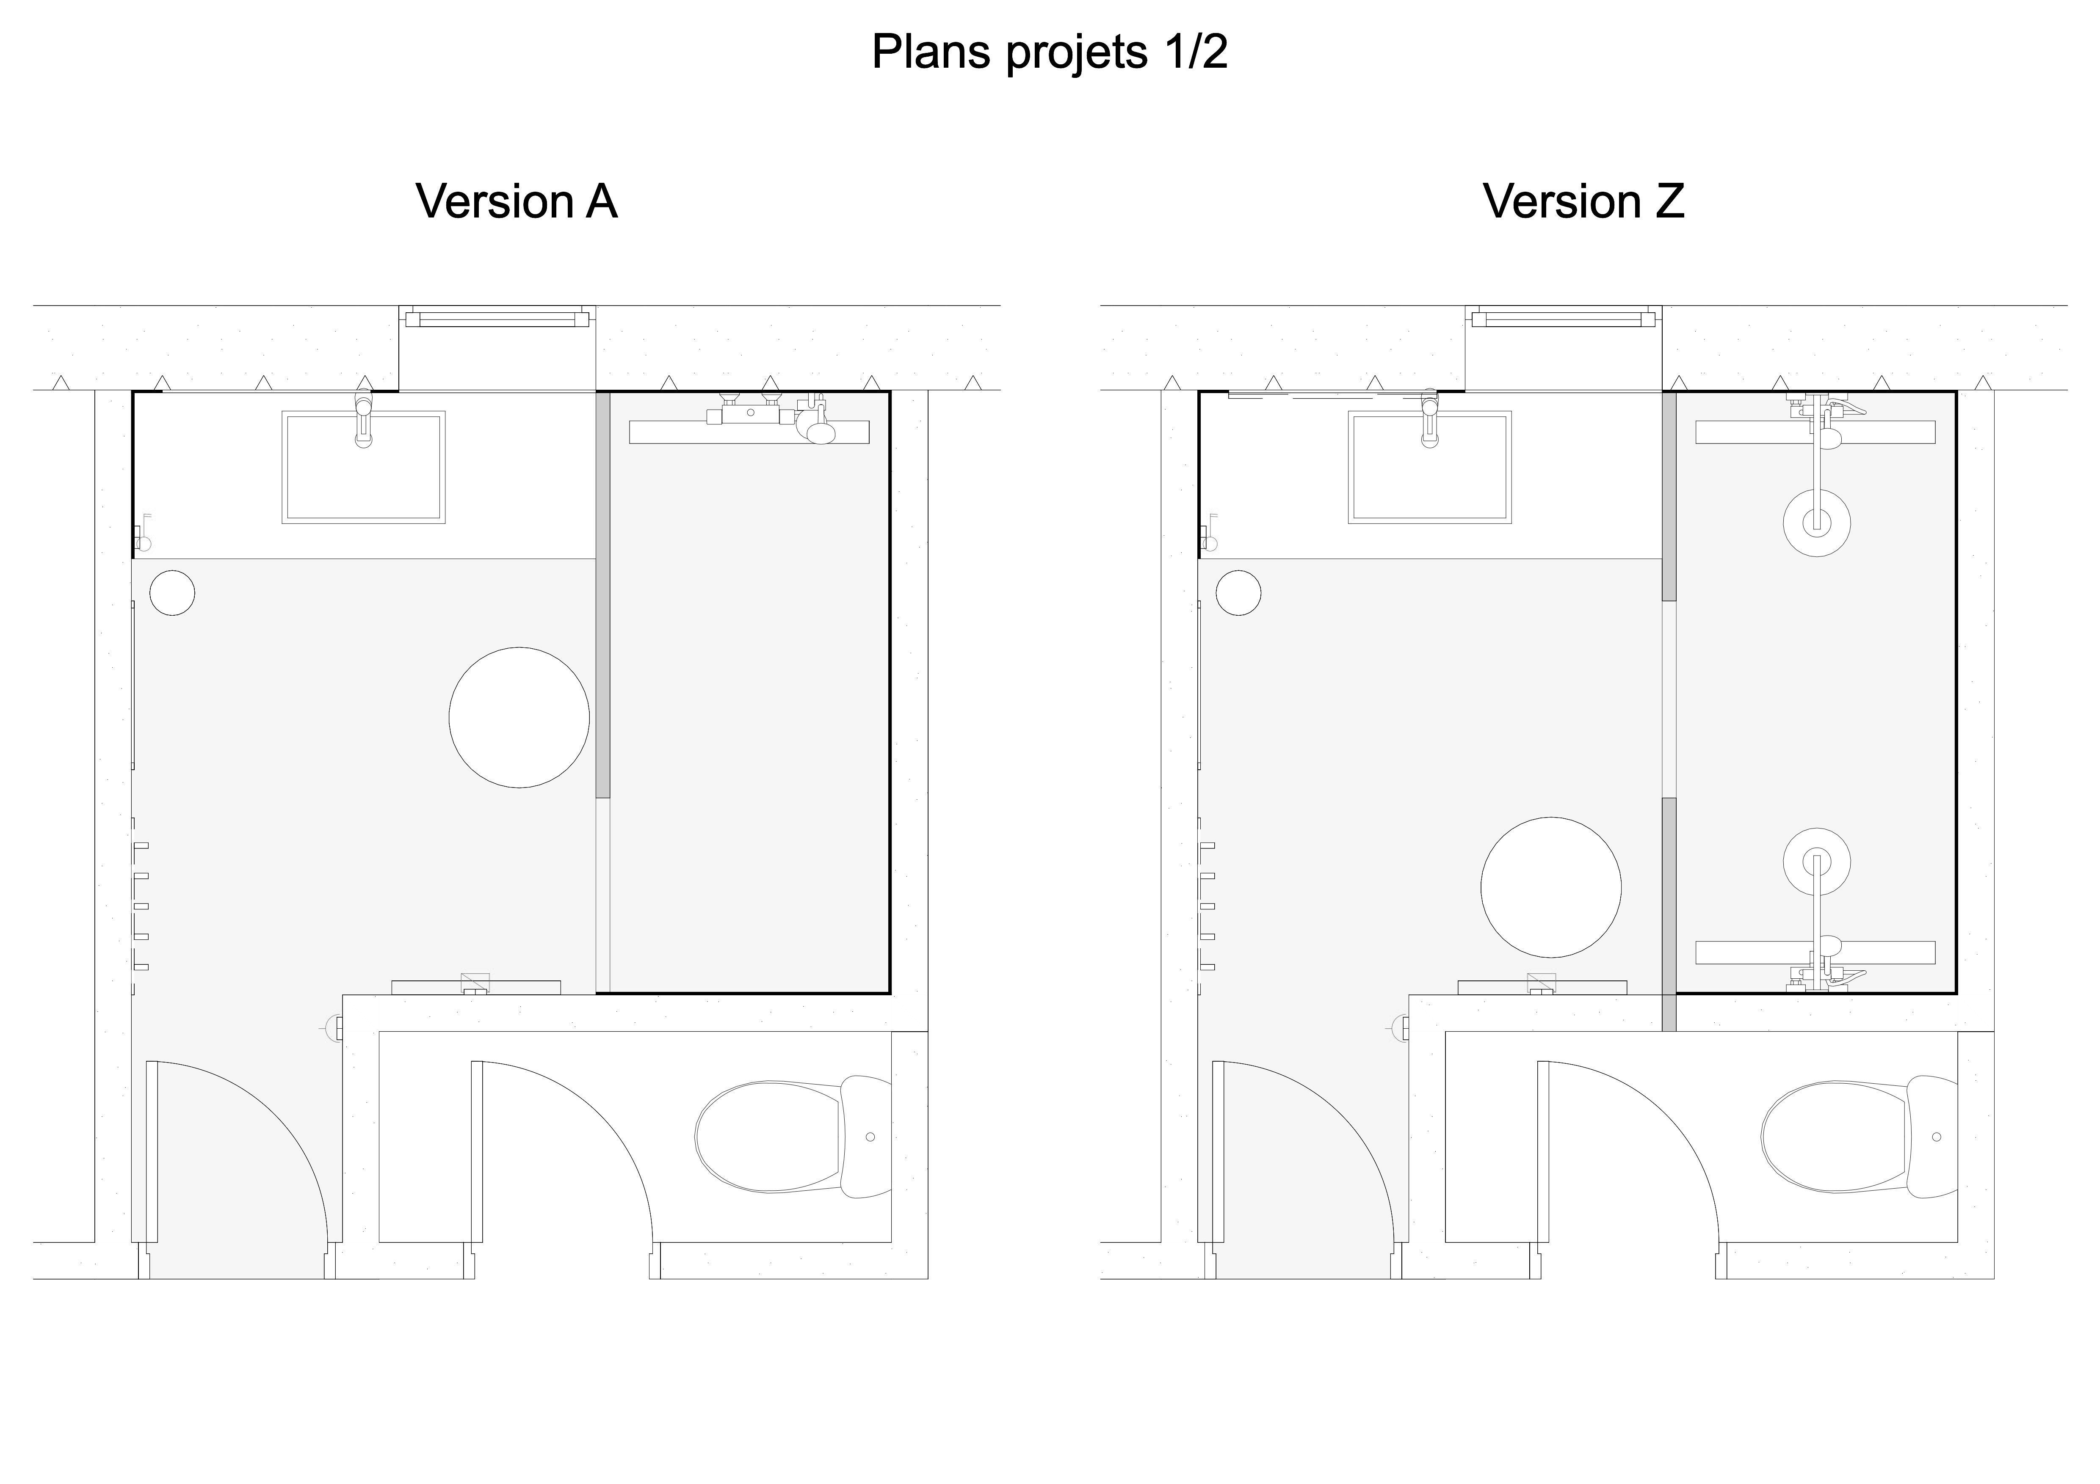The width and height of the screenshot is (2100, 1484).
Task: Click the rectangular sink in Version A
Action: coord(364,467)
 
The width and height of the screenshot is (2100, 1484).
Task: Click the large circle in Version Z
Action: coord(1551,887)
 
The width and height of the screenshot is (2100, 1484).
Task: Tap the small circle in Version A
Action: coord(172,592)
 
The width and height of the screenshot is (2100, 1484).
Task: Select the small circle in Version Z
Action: coord(1238,592)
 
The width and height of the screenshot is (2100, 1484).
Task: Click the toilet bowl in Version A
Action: coord(768,1137)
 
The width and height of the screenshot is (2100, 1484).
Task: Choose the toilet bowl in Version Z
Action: coord(1835,1137)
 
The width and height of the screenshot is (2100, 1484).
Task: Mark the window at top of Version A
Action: coord(497,318)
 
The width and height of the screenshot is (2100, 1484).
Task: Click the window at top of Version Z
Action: coord(1564,318)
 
